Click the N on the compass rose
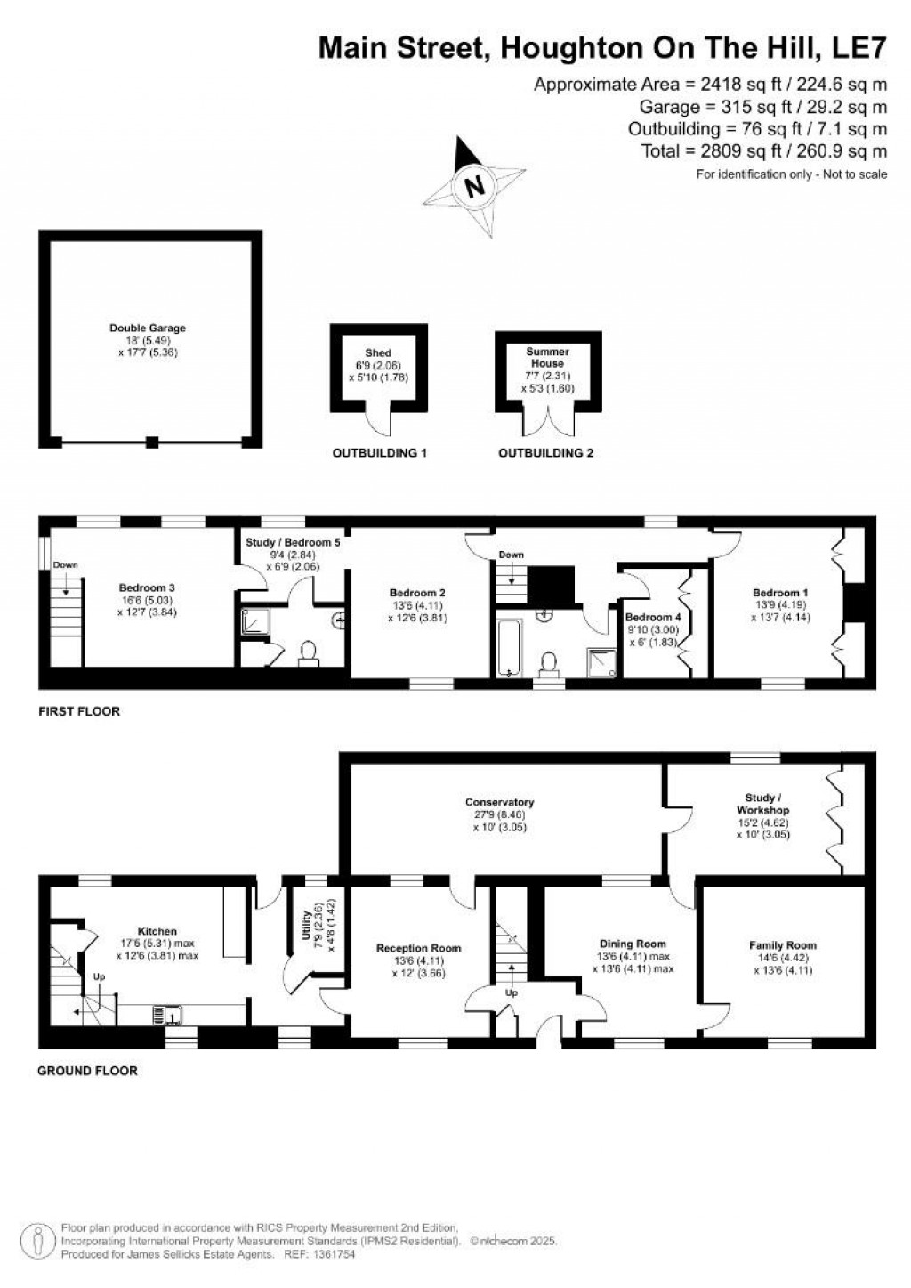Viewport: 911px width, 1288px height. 474,187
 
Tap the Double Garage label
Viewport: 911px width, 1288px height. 148,328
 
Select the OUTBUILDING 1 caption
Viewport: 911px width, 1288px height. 380,453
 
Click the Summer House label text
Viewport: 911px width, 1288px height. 547,358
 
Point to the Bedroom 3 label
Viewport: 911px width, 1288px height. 147,587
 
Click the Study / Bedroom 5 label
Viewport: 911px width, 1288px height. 293,541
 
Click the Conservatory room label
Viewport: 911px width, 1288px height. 499,802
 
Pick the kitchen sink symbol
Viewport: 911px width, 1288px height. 165,1013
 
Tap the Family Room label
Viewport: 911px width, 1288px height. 782,945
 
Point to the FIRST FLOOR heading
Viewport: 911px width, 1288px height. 79,711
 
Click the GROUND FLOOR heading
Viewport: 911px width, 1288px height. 87,1071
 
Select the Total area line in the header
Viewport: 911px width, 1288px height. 763,151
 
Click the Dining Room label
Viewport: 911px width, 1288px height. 633,944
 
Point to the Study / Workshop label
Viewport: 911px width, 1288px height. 762,804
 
